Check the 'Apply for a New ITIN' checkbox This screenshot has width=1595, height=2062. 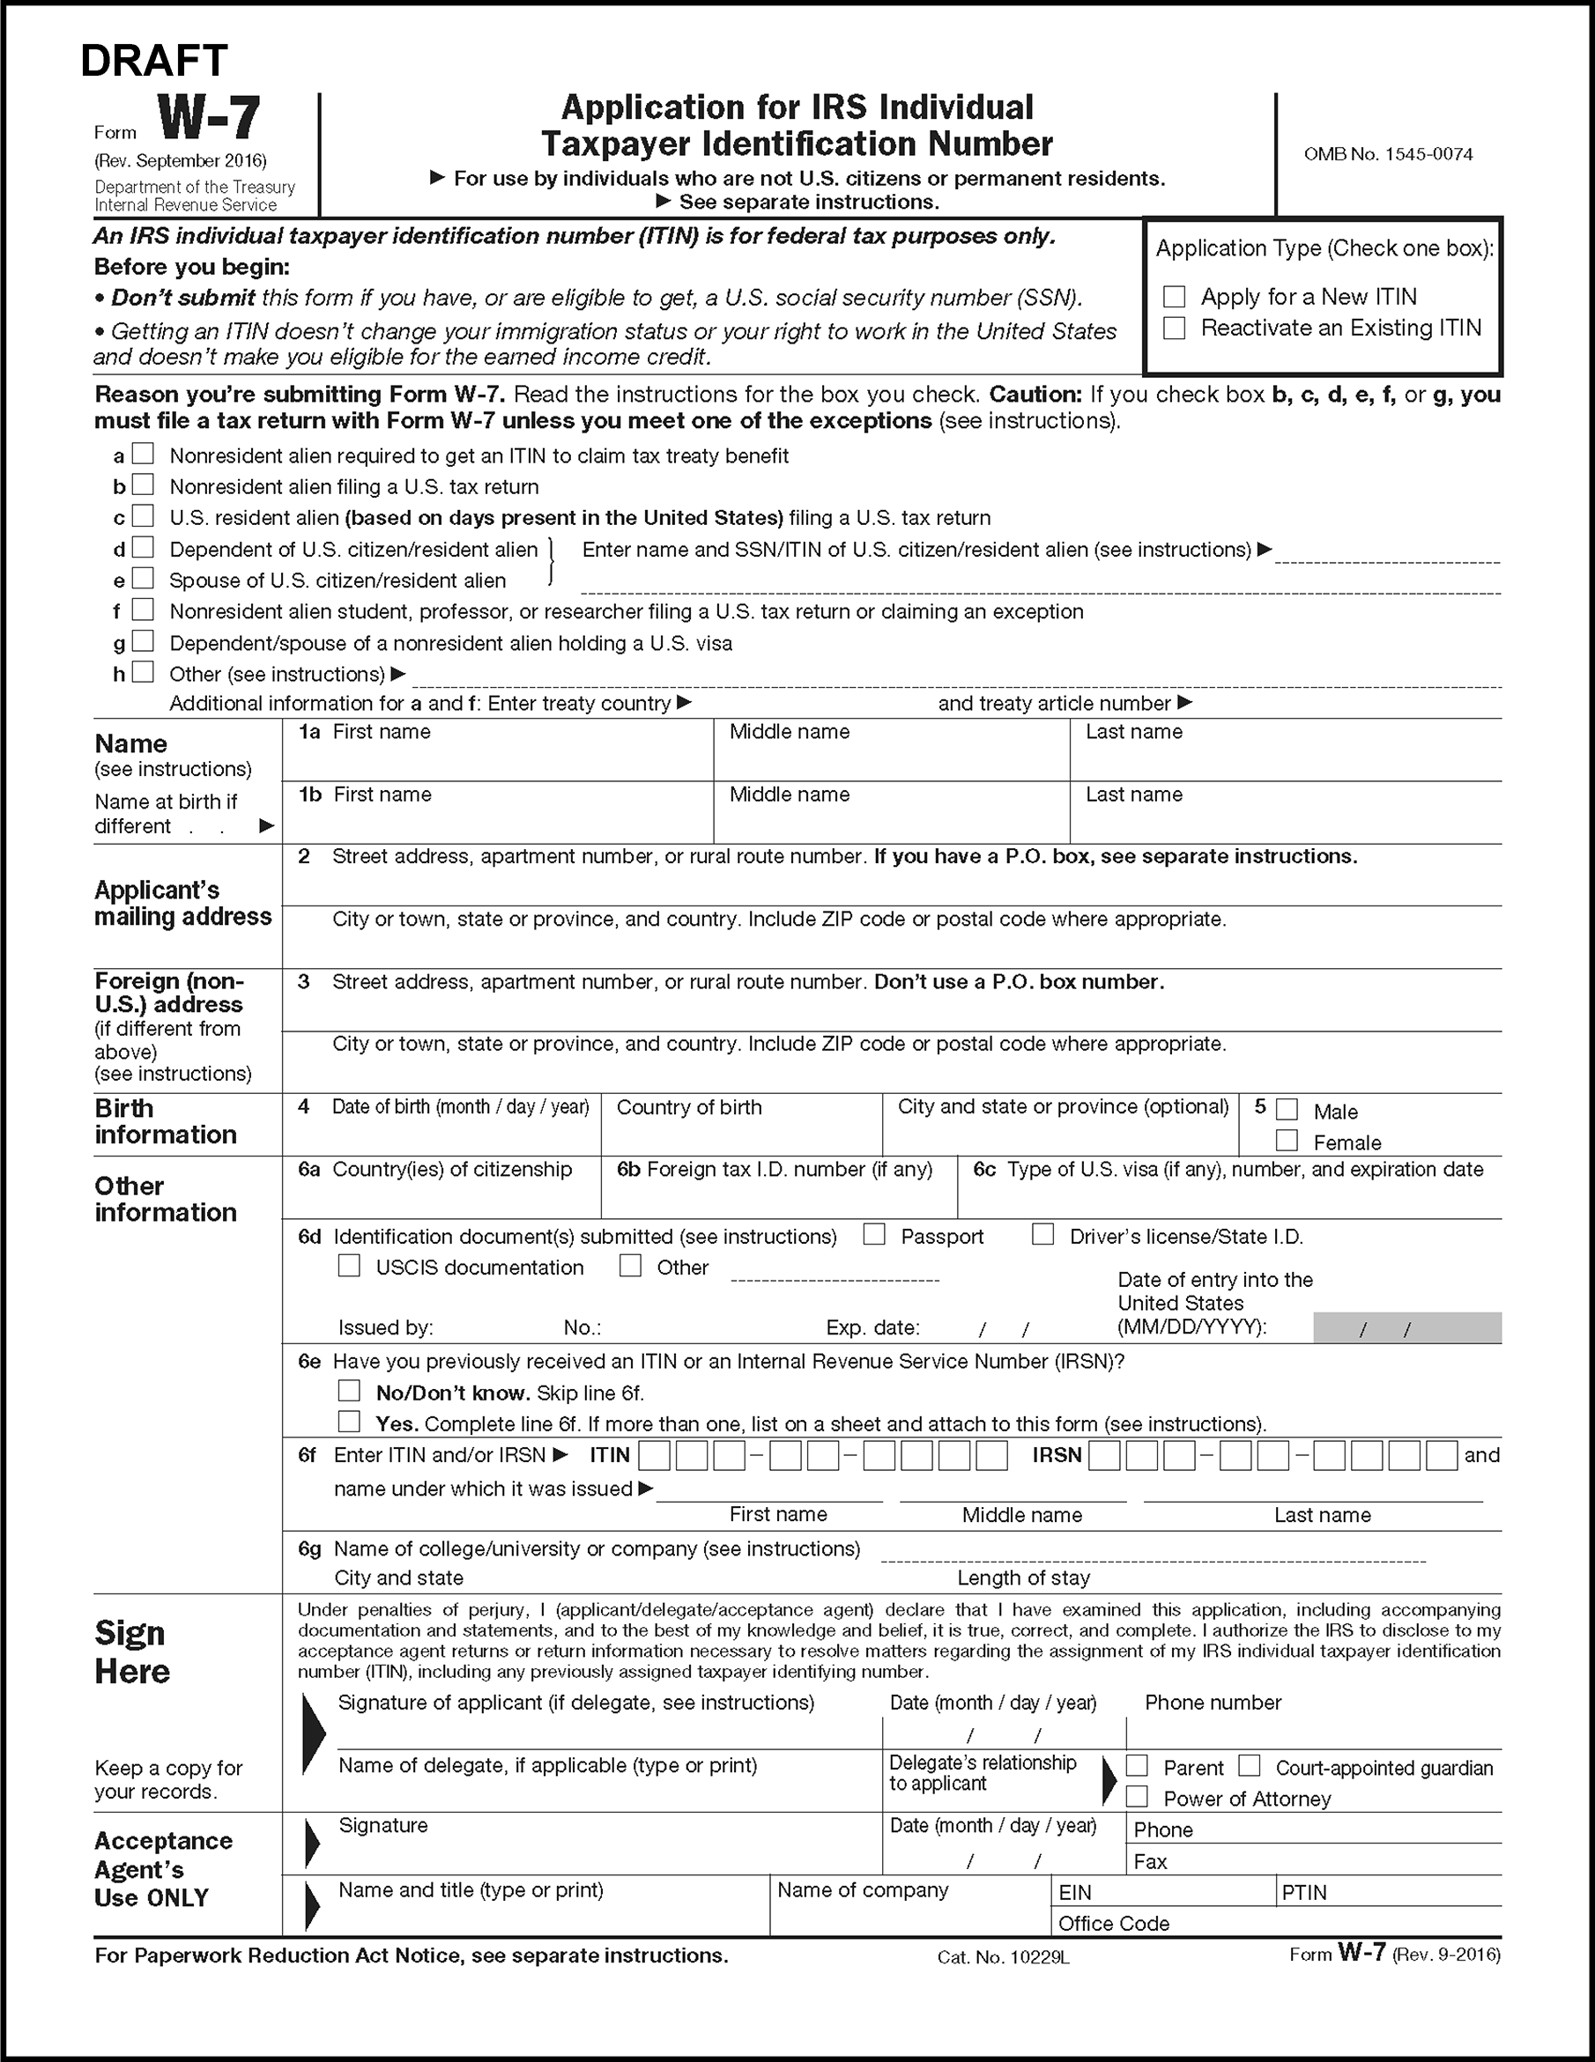click(x=1174, y=297)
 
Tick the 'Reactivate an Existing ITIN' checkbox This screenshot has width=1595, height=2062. click(x=1174, y=328)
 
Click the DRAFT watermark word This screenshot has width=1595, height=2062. click(x=154, y=61)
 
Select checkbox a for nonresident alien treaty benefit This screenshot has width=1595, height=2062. click(x=143, y=455)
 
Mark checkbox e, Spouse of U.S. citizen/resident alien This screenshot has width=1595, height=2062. click(x=143, y=578)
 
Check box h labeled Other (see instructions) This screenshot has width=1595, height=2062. click(x=143, y=672)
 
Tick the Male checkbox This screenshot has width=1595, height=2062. click(x=1287, y=1109)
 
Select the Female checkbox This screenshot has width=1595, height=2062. click(x=1287, y=1141)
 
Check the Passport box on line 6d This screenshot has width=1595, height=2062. click(x=874, y=1235)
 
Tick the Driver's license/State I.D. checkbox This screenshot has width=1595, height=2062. click(x=1042, y=1235)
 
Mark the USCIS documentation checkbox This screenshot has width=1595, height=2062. click(x=350, y=1266)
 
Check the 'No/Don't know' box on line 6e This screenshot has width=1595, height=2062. click(x=350, y=1391)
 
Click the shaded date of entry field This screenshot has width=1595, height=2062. click(x=1407, y=1327)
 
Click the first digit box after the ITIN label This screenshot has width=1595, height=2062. click(x=655, y=1456)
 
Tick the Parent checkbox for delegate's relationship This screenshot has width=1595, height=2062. click(x=1137, y=1765)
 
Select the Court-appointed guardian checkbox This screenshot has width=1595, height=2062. click(x=1250, y=1765)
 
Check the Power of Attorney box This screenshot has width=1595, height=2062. click(x=1137, y=1797)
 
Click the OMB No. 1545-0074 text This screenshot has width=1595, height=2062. click(x=1388, y=154)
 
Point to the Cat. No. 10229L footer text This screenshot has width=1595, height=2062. click(x=1003, y=1957)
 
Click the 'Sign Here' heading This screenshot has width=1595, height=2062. click(x=132, y=1652)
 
